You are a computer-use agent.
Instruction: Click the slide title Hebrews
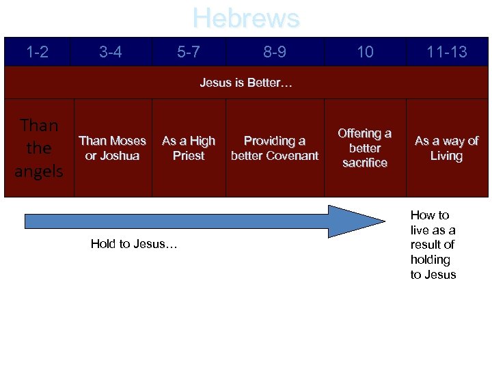[x=246, y=18]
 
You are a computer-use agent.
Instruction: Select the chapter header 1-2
[x=37, y=52]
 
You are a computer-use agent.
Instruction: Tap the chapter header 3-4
[x=111, y=52]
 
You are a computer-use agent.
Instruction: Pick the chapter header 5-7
[x=189, y=52]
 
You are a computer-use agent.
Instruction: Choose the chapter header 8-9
[x=275, y=52]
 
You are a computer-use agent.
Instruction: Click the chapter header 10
[x=365, y=52]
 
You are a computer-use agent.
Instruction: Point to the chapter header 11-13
[x=446, y=52]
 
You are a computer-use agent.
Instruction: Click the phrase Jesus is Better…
[x=246, y=83]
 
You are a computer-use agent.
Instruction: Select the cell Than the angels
[x=39, y=148]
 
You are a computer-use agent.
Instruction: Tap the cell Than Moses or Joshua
[x=112, y=148]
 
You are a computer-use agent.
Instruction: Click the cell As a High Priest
[x=189, y=148]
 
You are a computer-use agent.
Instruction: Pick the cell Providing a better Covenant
[x=275, y=148]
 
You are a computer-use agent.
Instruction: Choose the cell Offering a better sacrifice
[x=365, y=148]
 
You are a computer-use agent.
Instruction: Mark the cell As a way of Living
[x=446, y=148]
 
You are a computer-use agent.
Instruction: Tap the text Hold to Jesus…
[x=134, y=244]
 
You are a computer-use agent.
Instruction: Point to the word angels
[x=39, y=171]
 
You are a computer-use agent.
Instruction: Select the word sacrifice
[x=365, y=163]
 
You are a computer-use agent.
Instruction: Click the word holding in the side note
[x=430, y=260]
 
